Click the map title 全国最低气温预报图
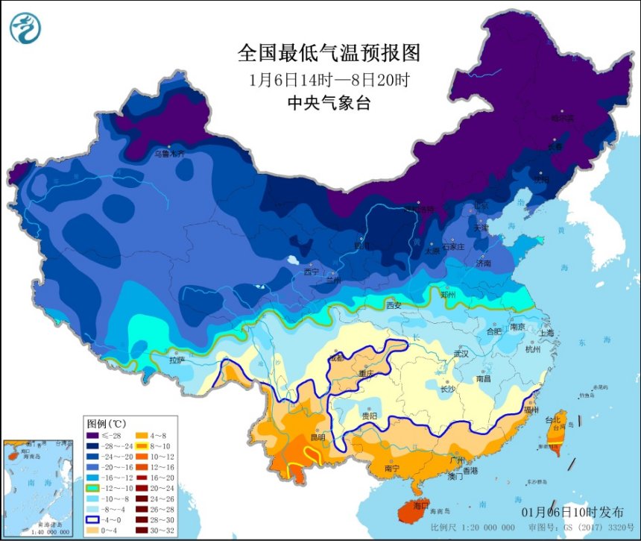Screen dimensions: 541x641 (329, 54)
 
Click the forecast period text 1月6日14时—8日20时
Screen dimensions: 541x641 (329, 78)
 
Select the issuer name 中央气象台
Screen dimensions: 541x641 (329, 103)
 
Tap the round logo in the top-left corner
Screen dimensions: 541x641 (25, 28)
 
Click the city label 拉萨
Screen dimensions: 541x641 (177, 360)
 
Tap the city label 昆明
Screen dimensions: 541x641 (318, 437)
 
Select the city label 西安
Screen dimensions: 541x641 (394, 305)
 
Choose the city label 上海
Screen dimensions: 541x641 (548, 333)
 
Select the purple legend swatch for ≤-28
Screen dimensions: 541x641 (93, 435)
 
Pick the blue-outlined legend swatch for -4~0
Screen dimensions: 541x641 (93, 519)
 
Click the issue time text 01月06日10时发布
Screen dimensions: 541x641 (573, 512)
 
